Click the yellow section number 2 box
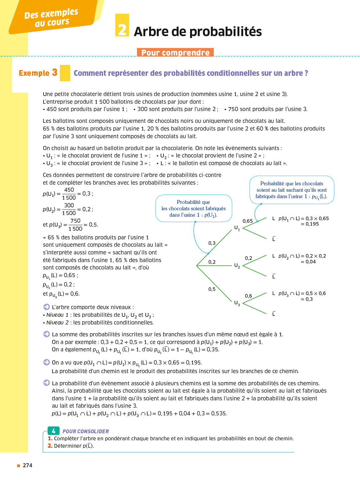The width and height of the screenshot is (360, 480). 122,25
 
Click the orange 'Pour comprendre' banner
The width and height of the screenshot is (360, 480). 175,52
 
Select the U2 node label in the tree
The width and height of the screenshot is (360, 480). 237,266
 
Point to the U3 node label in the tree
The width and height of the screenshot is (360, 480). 237,303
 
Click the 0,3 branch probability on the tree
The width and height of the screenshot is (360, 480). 212,243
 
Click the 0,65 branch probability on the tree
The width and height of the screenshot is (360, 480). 248,221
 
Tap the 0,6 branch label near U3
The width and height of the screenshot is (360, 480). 248,296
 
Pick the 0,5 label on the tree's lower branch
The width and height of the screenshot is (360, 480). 212,289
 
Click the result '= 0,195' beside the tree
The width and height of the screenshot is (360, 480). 310,224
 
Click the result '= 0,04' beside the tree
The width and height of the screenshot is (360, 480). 308,262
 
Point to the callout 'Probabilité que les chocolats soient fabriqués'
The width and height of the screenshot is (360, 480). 194,208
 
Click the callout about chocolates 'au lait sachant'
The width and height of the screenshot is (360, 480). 292,190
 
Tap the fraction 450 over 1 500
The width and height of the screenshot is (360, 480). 69,194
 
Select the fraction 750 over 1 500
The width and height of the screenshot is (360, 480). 76,225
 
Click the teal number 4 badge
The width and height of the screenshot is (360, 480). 53,431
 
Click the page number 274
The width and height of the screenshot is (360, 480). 28,465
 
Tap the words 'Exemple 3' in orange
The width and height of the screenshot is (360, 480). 38,73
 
